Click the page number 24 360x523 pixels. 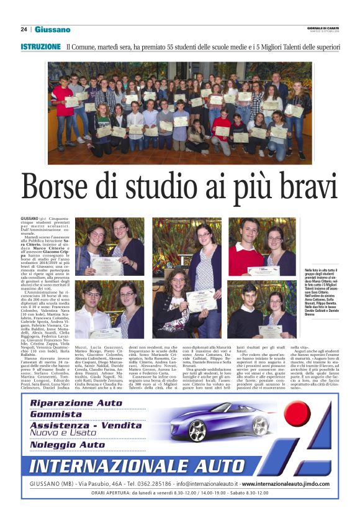point(24,29)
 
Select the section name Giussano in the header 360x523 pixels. point(52,29)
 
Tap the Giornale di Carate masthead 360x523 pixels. point(323,28)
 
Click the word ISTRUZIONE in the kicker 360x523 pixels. point(40,47)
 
